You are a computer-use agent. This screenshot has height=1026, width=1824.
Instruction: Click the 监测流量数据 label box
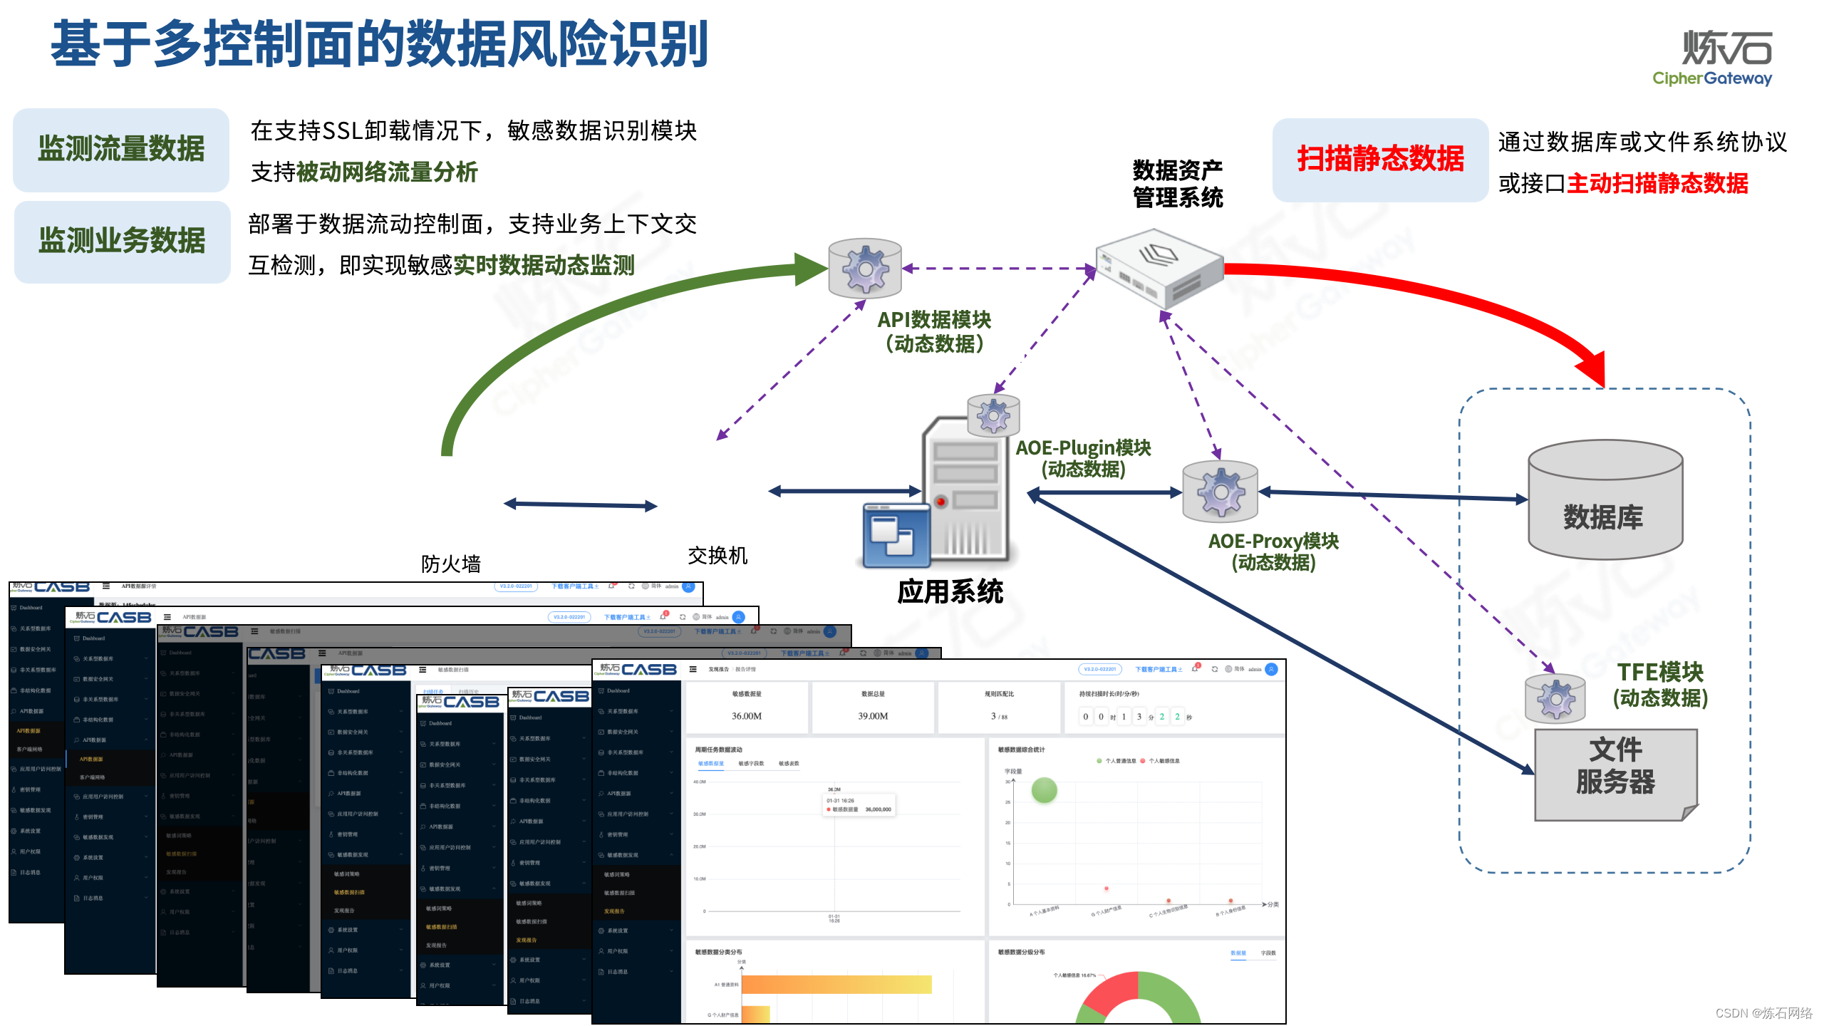pos(121,150)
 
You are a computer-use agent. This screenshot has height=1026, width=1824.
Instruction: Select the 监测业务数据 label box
pos(122,242)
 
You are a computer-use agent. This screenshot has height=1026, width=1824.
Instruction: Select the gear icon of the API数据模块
pos(865,269)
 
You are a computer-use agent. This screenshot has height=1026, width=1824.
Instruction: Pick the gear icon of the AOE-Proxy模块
pos(1220,492)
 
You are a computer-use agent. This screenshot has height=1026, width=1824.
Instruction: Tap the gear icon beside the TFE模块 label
pos(1555,698)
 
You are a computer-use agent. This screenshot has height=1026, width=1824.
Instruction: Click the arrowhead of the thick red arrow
pos(1593,367)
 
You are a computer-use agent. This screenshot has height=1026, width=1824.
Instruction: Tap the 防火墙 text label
pos(450,564)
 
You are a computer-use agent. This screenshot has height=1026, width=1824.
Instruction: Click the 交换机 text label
pos(717,556)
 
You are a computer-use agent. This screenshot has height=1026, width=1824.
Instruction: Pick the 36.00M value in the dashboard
pos(747,716)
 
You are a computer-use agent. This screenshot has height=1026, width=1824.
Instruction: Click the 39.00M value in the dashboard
pos(873,716)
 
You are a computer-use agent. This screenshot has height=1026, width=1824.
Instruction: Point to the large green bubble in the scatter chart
pos(1044,790)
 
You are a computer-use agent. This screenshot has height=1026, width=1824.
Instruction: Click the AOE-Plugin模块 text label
pos(1083,448)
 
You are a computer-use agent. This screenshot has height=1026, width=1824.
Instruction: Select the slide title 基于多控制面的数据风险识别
pos(380,44)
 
